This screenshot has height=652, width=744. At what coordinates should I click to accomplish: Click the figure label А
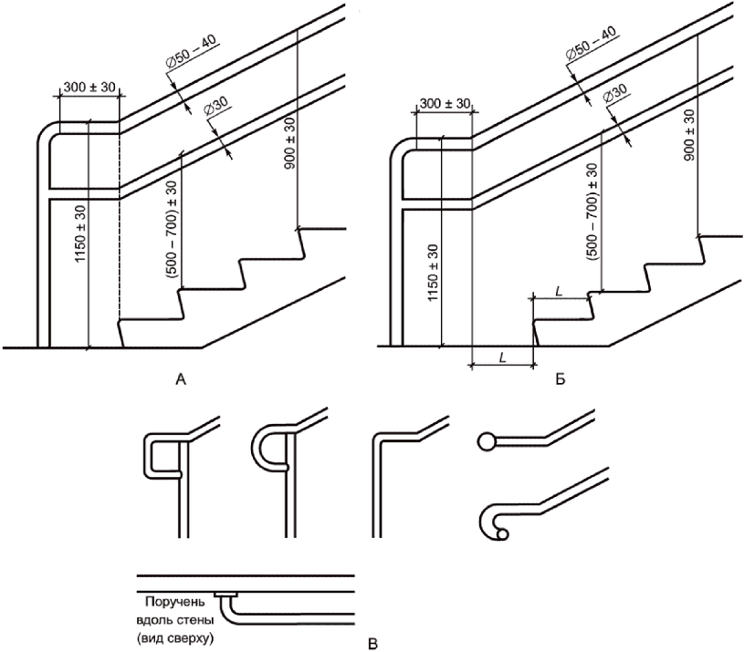pyautogui.click(x=181, y=379)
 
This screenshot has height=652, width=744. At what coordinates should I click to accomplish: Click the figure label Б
pyautogui.click(x=561, y=379)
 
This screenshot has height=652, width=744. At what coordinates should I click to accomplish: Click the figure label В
pyautogui.click(x=373, y=645)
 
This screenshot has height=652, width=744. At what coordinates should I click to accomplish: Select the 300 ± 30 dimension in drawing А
pyautogui.click(x=89, y=88)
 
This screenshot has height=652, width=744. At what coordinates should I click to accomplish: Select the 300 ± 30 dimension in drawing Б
pyautogui.click(x=445, y=103)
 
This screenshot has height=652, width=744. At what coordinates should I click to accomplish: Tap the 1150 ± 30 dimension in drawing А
pyautogui.click(x=80, y=233)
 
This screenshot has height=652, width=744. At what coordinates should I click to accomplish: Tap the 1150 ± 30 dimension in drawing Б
pyautogui.click(x=434, y=273)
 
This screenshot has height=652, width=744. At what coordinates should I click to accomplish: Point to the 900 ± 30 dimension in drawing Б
pyautogui.click(x=689, y=135)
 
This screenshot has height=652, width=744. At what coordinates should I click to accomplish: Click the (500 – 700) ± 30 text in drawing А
pyautogui.click(x=172, y=229)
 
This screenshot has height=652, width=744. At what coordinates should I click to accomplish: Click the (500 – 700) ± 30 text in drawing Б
pyautogui.click(x=592, y=212)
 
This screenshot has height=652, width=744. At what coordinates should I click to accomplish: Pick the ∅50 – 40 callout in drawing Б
pyautogui.click(x=592, y=44)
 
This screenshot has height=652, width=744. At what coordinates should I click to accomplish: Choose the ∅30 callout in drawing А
pyautogui.click(x=215, y=108)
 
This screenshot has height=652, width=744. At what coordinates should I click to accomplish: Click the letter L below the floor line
pyautogui.click(x=502, y=357)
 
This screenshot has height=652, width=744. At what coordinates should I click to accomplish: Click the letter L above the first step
pyautogui.click(x=560, y=292)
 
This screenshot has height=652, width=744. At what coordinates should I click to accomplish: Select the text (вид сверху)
pyautogui.click(x=175, y=638)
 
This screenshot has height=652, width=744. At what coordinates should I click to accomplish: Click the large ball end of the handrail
pyautogui.click(x=486, y=441)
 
